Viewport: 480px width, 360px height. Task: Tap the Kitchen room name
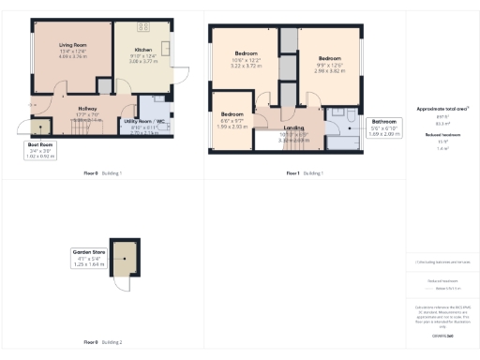pyautogui.click(x=142, y=49)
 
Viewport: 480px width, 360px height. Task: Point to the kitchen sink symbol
pyautogui.click(x=165, y=48)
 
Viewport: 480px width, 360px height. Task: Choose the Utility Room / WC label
pyautogui.click(x=143, y=121)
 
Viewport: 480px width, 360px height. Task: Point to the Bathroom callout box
pyautogui.click(x=385, y=127)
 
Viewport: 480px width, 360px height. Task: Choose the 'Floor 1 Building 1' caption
pyautogui.click(x=304, y=174)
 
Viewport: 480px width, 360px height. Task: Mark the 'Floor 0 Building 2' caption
pyautogui.click(x=103, y=342)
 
